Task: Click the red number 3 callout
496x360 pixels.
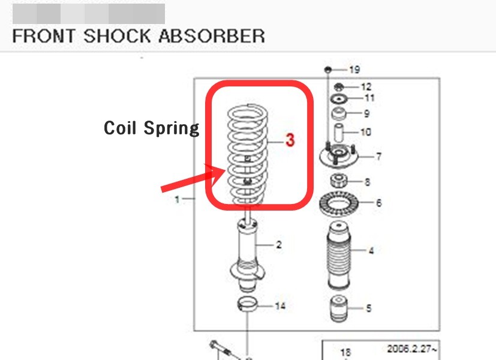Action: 290,140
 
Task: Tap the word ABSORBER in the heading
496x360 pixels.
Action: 212,36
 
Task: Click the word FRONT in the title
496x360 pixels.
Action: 44,36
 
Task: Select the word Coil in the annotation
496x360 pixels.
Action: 120,128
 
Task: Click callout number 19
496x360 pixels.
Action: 354,70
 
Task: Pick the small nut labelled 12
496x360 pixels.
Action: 339,86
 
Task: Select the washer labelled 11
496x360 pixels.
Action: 339,100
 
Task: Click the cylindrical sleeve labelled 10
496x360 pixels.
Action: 339,133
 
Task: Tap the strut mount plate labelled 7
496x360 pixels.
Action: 338,157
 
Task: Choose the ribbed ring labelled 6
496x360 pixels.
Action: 339,202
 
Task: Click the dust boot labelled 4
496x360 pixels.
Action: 339,255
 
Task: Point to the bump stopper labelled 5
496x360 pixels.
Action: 339,308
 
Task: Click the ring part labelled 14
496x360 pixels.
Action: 247,304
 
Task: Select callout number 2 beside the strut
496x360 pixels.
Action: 279,245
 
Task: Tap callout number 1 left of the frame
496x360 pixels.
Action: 178,199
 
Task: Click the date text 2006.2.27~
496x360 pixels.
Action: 412,349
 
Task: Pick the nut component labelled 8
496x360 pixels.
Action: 339,181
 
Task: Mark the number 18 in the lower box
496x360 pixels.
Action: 345,352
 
